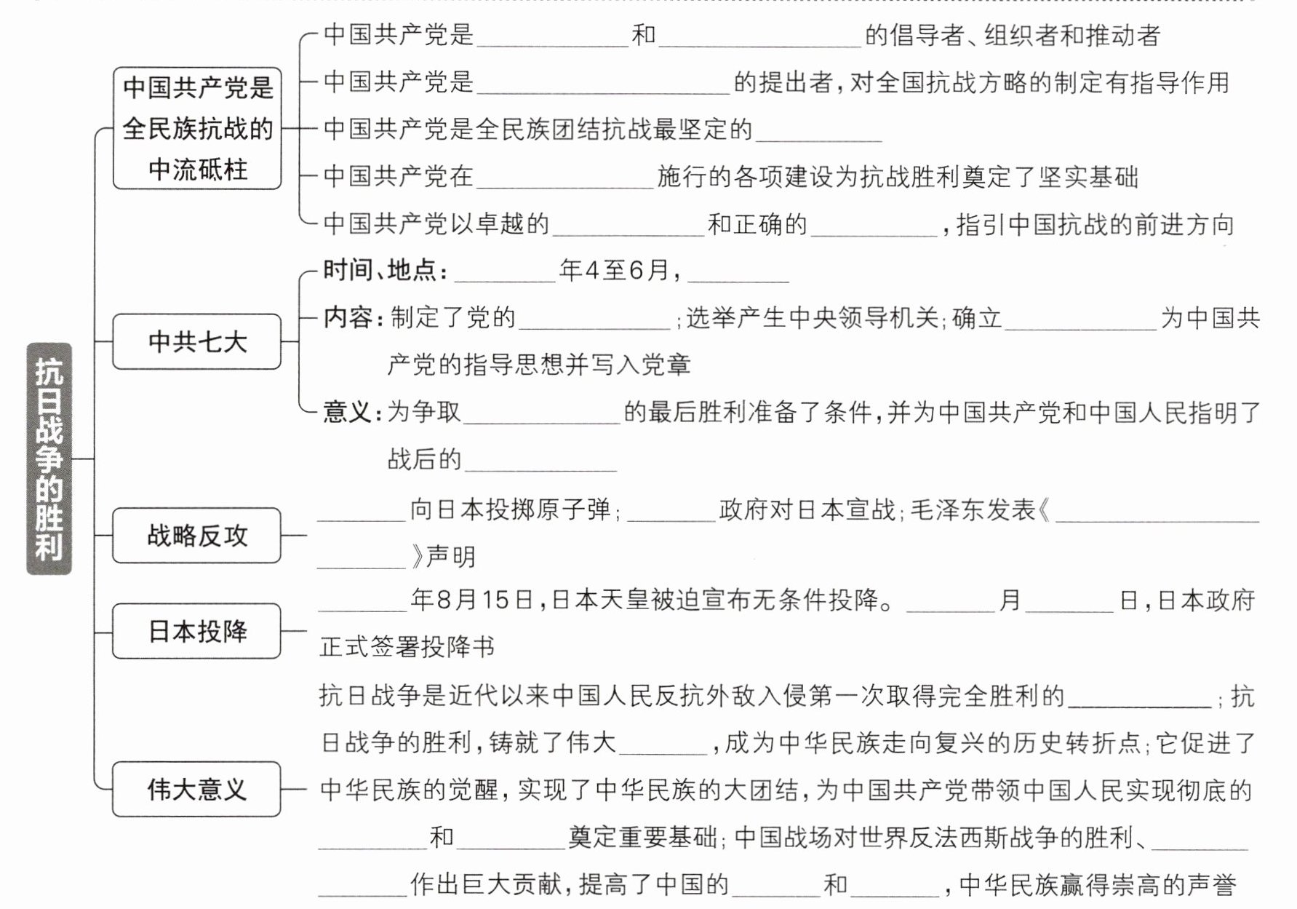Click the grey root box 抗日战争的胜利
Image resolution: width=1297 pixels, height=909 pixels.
tap(49, 459)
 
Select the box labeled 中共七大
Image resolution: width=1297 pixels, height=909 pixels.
tap(196, 341)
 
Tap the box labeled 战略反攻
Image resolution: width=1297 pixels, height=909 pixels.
tap(196, 536)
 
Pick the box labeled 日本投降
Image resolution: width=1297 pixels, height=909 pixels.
tap(196, 631)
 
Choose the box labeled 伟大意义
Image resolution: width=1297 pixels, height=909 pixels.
tap(196, 789)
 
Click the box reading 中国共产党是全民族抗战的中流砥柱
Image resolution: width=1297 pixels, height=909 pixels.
tap(196, 128)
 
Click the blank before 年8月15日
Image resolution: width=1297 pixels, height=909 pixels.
tap(362, 602)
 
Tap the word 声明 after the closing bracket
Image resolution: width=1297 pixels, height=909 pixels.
tap(451, 557)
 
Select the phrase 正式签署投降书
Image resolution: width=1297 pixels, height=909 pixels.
tap(407, 646)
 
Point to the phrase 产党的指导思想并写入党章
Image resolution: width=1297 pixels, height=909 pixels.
tap(538, 365)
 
